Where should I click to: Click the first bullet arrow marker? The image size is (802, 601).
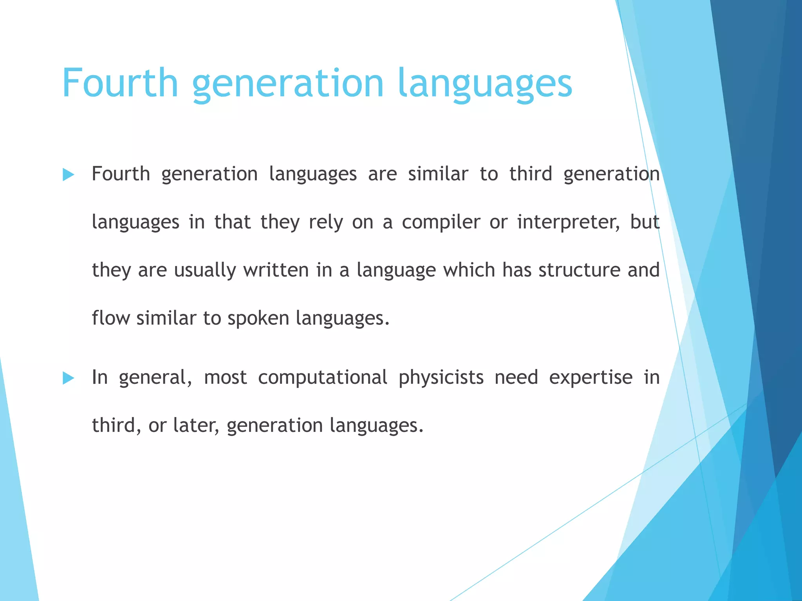(68, 175)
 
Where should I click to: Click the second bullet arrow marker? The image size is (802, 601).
(68, 378)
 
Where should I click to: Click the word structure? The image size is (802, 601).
(579, 270)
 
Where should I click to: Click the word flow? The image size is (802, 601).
(110, 318)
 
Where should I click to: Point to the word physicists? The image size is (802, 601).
(441, 378)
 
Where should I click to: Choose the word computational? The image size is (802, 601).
(322, 378)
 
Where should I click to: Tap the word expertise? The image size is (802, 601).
(591, 378)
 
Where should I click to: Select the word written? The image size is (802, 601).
(276, 270)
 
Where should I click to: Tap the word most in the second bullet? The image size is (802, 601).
(225, 378)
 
